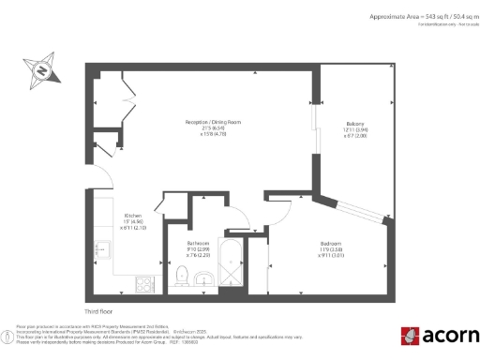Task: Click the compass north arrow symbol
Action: tap(41, 70)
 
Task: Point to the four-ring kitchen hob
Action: tap(146, 280)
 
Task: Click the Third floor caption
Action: tap(98, 310)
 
